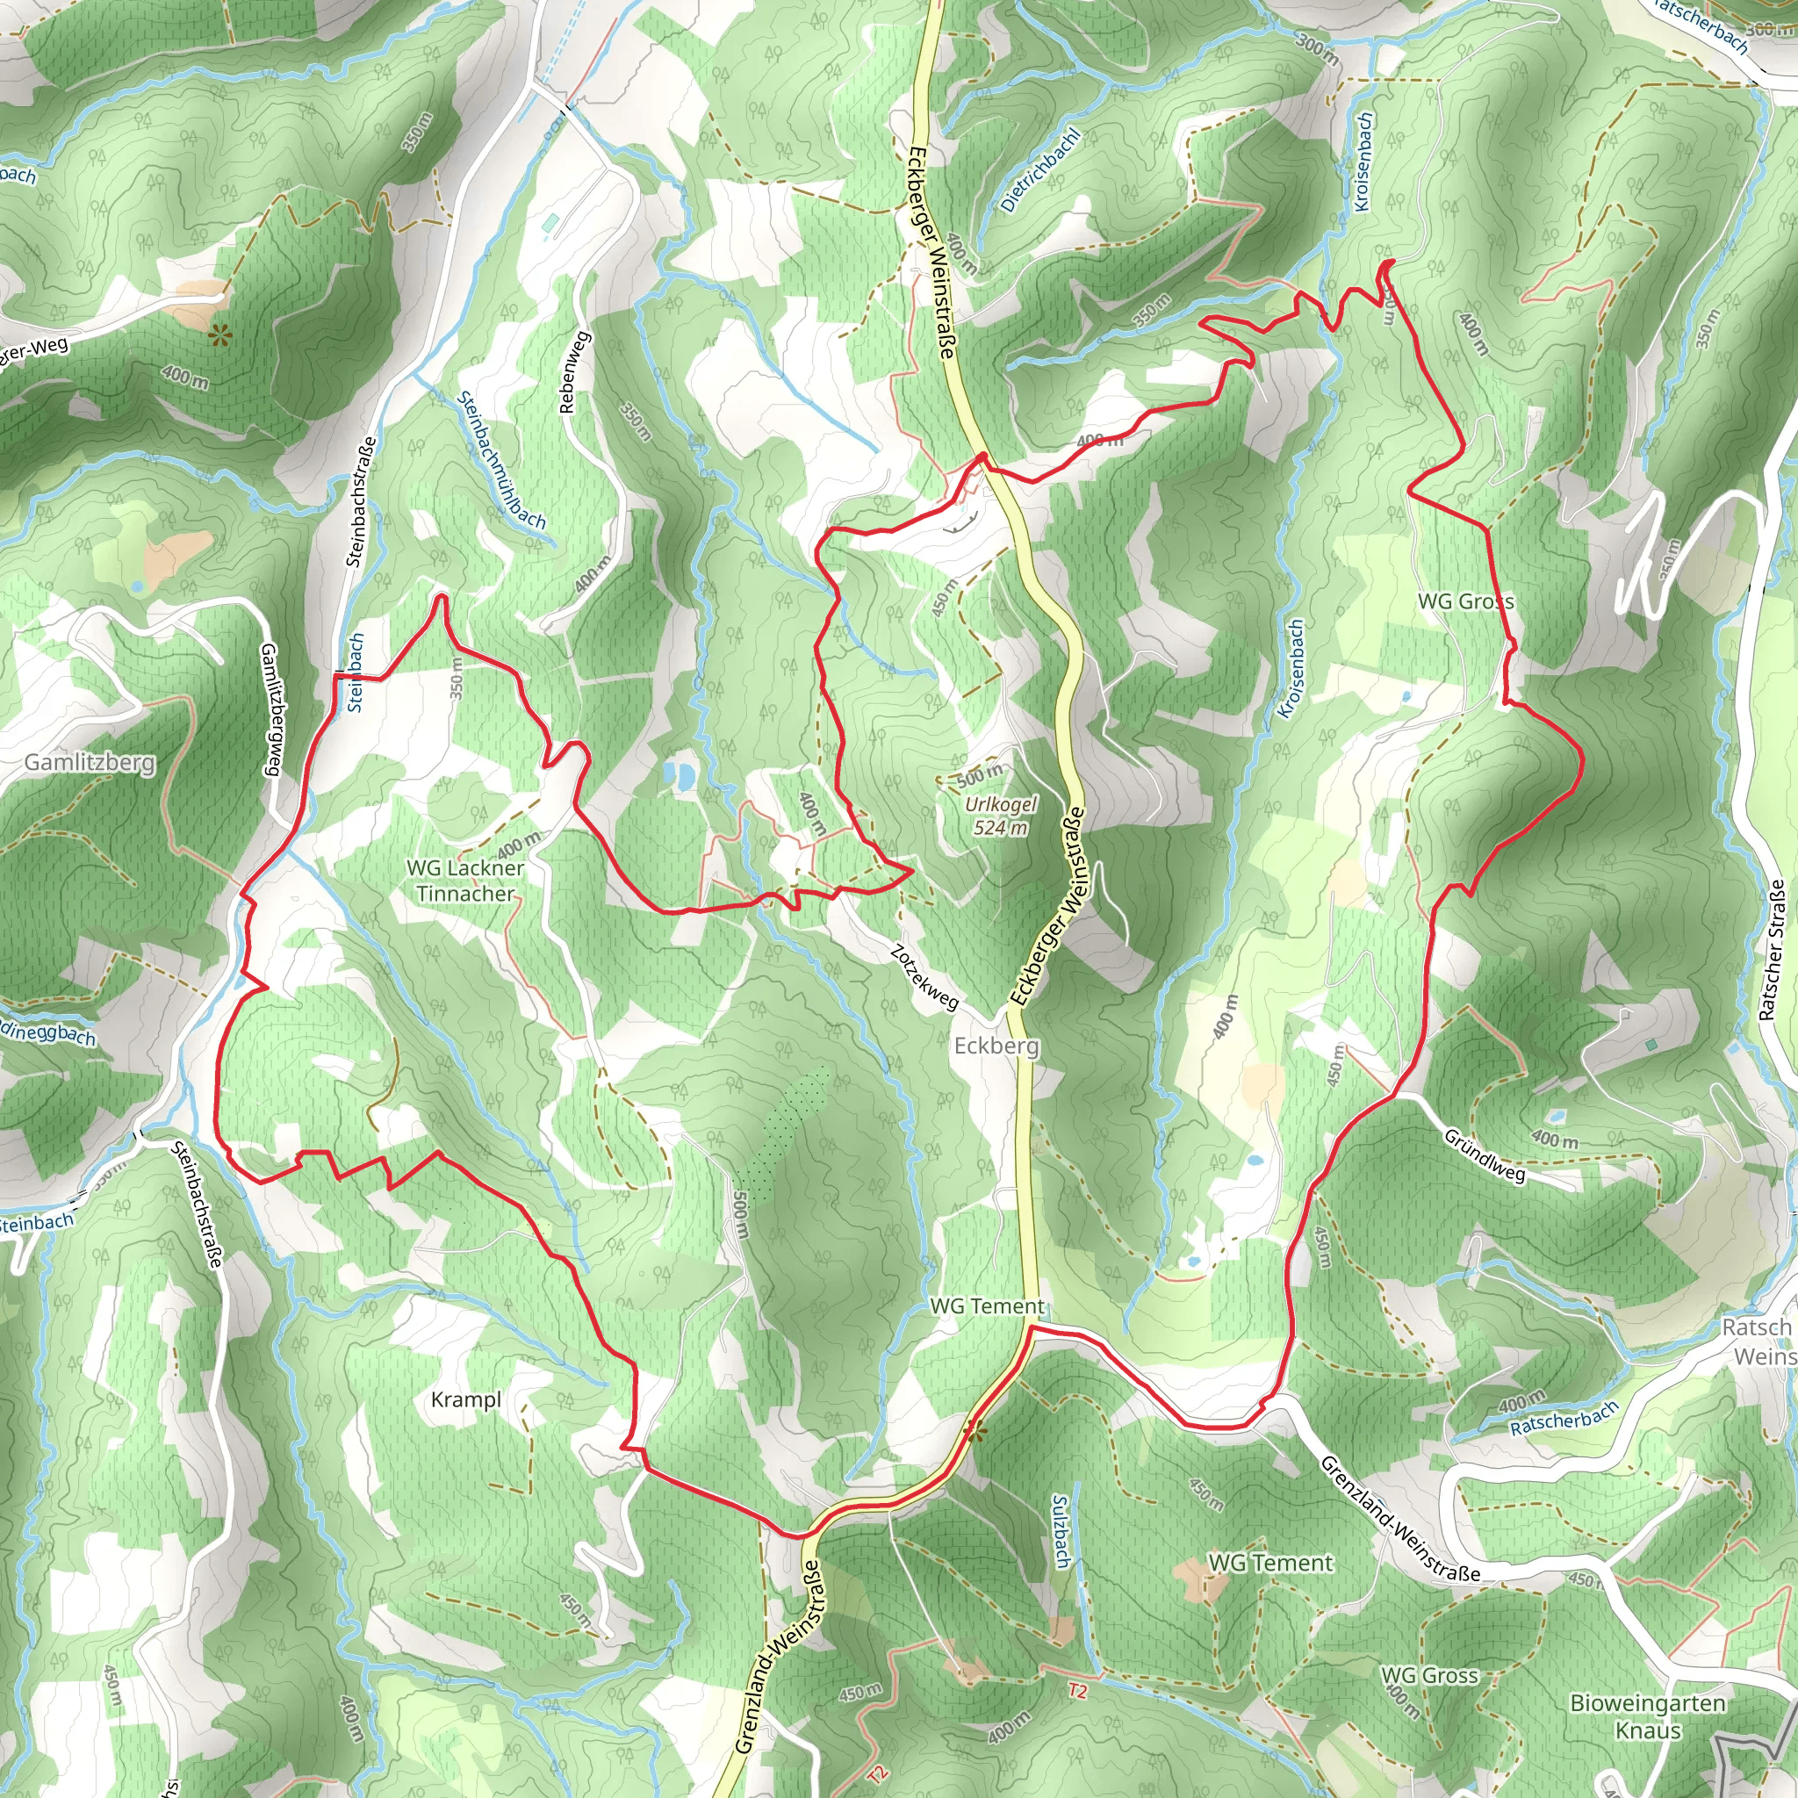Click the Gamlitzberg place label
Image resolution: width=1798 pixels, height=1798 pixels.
pyautogui.click(x=90, y=762)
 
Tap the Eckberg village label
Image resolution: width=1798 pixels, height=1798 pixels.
pyautogui.click(x=996, y=1046)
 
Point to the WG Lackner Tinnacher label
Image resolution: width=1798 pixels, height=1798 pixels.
pyautogui.click(x=465, y=881)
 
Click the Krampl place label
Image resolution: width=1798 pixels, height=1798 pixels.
pyautogui.click(x=466, y=1399)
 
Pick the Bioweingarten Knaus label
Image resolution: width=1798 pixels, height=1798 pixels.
pyautogui.click(x=1647, y=1716)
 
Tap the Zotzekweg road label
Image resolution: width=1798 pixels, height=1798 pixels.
pyautogui.click(x=924, y=977)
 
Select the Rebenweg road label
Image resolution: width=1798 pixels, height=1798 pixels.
pyautogui.click(x=574, y=372)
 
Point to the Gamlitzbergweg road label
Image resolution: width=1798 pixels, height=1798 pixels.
pyautogui.click(x=270, y=709)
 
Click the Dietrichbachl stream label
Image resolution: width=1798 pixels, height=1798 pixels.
pyautogui.click(x=1040, y=171)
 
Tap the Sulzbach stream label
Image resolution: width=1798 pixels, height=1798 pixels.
pyautogui.click(x=1060, y=1531)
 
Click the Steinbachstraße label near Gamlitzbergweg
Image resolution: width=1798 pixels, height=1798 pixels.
pyautogui.click(x=361, y=501)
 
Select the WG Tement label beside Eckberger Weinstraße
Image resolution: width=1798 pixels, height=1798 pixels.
pyautogui.click(x=987, y=1306)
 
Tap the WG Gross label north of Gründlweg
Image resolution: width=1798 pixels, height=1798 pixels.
pyautogui.click(x=1466, y=601)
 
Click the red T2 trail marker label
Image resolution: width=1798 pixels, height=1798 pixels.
pyautogui.click(x=1076, y=1690)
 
